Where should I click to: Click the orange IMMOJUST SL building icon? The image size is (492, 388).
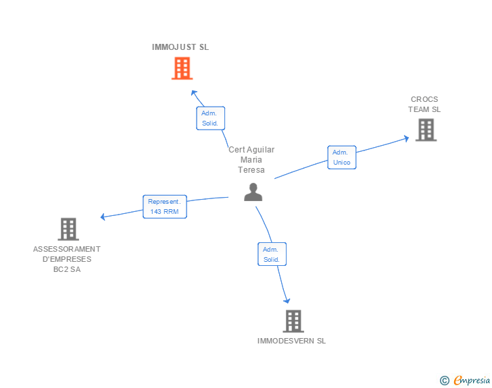pos(182,68)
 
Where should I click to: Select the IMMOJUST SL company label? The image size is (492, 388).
pos(180,47)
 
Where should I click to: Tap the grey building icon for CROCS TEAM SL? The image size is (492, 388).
pos(426,130)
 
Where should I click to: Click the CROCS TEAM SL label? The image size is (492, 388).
pos(424,105)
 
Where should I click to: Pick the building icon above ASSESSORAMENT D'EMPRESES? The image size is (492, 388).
pos(68,229)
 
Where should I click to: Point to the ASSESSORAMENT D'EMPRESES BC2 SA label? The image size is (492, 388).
pos(67,259)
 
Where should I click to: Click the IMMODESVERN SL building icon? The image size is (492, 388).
pos(293,321)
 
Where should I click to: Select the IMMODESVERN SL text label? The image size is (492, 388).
pos(291,341)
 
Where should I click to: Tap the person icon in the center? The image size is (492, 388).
pos(253,192)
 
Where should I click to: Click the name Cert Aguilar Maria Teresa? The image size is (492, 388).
pos(251,160)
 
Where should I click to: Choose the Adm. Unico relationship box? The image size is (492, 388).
pos(342,157)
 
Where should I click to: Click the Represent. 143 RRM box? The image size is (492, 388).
pos(165,206)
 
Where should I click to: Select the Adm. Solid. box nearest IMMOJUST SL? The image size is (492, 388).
pos(211,118)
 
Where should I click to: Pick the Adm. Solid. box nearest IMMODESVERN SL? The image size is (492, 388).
pos(272,254)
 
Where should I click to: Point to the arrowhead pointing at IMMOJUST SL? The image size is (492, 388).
pos(194,93)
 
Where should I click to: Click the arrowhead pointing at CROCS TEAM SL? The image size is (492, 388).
pos(406,138)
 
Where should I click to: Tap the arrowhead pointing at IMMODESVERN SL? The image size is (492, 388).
pos(287,301)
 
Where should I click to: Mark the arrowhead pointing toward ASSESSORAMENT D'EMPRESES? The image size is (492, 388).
pos(103,217)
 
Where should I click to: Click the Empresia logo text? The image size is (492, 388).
pos(472,380)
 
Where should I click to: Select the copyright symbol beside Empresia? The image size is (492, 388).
pos(444,381)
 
